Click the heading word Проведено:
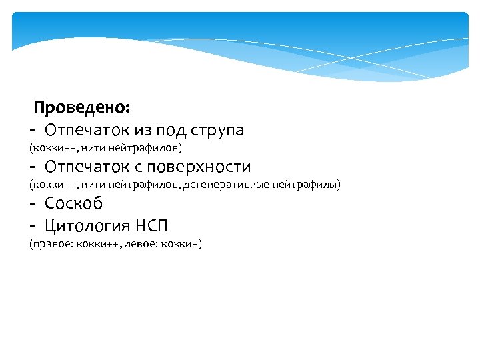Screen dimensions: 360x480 pyautogui.click(x=82, y=107)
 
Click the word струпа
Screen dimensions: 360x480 pyautogui.click(x=217, y=130)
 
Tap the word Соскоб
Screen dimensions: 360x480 pyautogui.click(x=74, y=203)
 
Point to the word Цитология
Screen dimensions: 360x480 pyautogui.click(x=93, y=225)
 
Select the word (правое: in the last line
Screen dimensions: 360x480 pyautogui.click(x=49, y=244)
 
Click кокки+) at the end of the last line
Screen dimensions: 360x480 pyautogui.click(x=183, y=244)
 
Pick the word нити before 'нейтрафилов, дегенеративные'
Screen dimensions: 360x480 pyautogui.click(x=90, y=184)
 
